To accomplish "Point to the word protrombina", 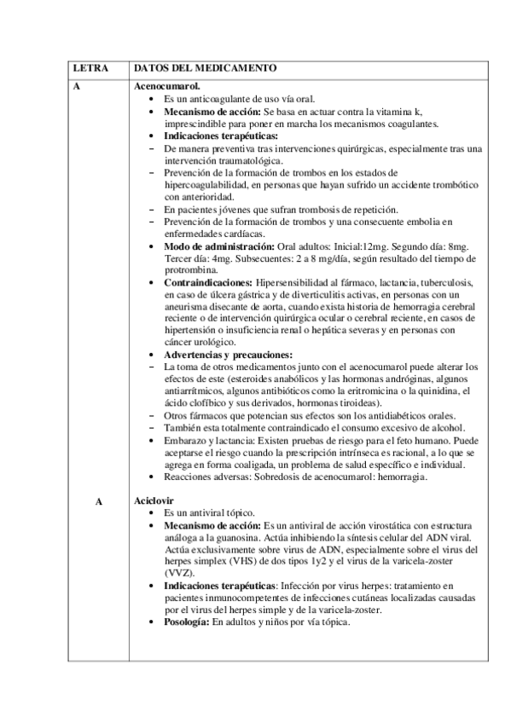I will (194, 270).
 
